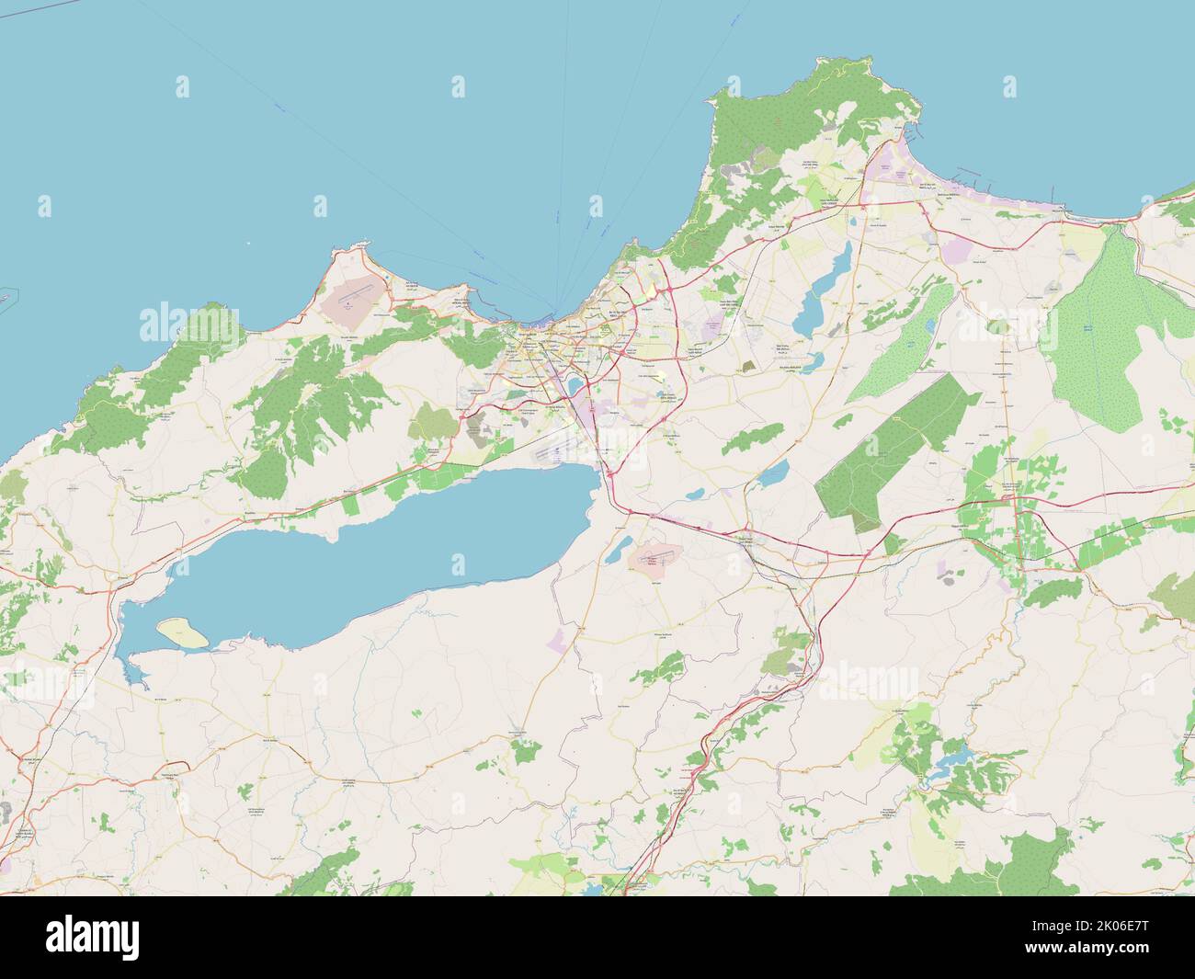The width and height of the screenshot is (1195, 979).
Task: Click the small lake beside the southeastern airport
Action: click(619, 550)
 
